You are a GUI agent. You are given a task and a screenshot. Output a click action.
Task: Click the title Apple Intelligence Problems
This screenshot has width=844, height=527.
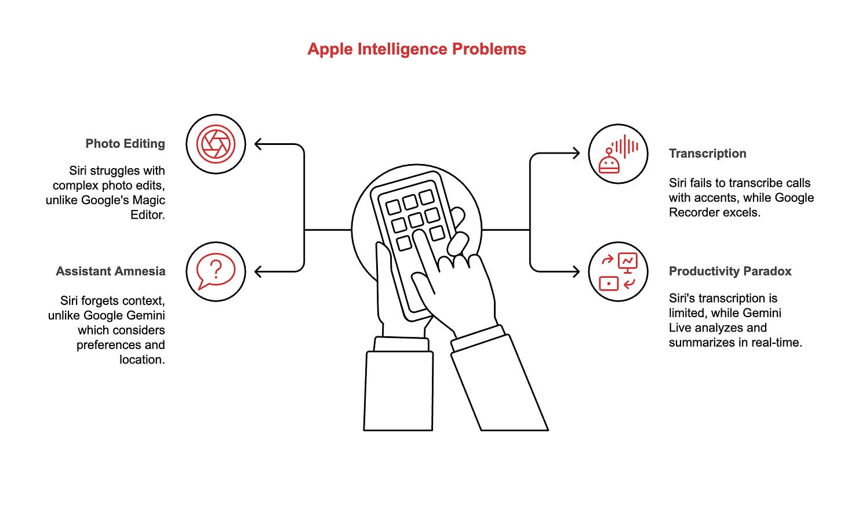pyautogui.click(x=416, y=49)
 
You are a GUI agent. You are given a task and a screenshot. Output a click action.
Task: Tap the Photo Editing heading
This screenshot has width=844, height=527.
pyautogui.click(x=125, y=144)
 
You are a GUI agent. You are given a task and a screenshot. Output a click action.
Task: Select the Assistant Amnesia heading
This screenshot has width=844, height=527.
pyautogui.click(x=111, y=271)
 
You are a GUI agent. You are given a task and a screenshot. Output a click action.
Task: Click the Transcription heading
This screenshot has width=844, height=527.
pyautogui.click(x=707, y=154)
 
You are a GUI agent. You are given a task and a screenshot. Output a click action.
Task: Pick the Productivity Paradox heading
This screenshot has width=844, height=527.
pyautogui.click(x=730, y=271)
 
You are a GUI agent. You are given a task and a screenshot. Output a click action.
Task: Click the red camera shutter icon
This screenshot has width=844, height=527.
pyautogui.click(x=216, y=144)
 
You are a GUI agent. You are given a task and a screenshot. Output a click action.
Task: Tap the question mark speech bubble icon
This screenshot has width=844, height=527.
pyautogui.click(x=216, y=271)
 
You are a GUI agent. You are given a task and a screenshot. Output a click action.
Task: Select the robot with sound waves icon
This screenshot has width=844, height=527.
pyautogui.click(x=618, y=154)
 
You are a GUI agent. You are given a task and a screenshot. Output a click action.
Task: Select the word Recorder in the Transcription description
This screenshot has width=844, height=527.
pyautogui.click(x=693, y=212)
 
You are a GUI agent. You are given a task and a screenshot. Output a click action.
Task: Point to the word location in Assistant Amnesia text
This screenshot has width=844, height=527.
pyautogui.click(x=142, y=359)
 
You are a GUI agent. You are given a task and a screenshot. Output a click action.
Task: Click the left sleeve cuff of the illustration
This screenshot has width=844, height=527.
pyautogui.click(x=402, y=344)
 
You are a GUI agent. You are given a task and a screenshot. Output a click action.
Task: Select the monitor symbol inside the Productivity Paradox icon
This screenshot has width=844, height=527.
pyautogui.click(x=627, y=261)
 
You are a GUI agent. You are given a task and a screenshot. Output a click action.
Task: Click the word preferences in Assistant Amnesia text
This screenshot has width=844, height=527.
pyautogui.click(x=121, y=345)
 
